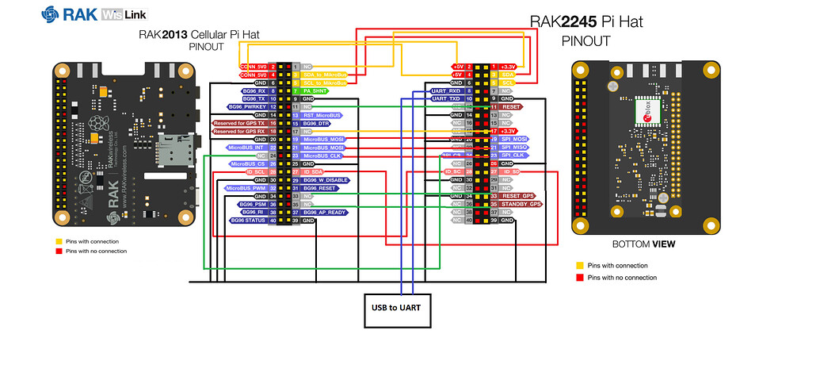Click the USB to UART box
point(398,305)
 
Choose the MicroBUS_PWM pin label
point(245,188)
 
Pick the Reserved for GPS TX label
point(240,123)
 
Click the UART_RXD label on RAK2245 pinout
point(444,90)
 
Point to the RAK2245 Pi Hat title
point(586,23)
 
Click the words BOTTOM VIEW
point(643,244)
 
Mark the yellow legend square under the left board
point(59,241)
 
